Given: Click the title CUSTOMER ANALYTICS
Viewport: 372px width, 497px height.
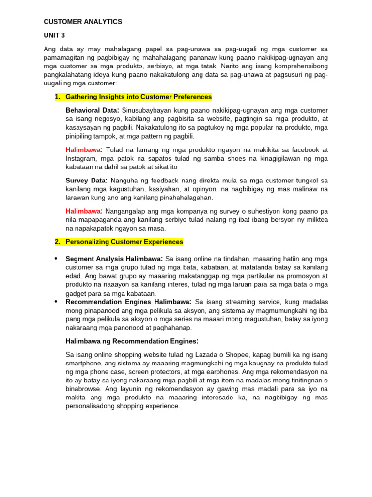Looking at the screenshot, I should click(83, 22).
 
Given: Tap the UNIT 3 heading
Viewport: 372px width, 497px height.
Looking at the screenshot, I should click(54, 35).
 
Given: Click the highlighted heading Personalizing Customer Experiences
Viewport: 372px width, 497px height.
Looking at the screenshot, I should click(124, 242).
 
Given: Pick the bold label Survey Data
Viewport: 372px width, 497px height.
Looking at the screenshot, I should click(85, 181).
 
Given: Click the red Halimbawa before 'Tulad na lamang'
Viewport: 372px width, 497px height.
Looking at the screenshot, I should click(83, 149).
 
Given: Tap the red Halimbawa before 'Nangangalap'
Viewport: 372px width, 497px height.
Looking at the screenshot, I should click(83, 211).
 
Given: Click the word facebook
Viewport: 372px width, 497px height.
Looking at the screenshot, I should click(305, 149).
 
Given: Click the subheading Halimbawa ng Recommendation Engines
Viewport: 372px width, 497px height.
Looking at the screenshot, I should click(132, 341).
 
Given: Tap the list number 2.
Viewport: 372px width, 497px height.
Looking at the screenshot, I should click(57, 242).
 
